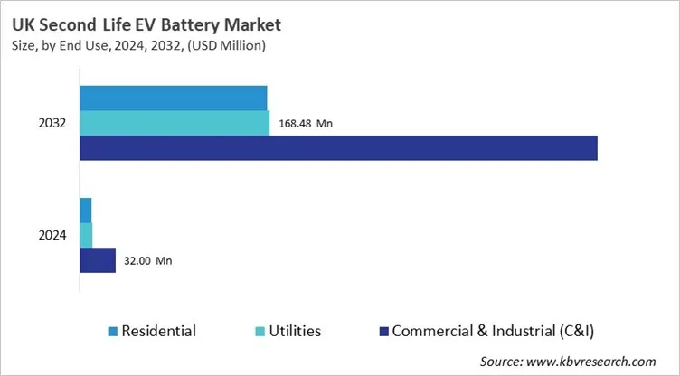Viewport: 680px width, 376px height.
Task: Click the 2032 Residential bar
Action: tap(174, 98)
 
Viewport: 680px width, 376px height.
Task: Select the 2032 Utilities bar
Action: tap(175, 123)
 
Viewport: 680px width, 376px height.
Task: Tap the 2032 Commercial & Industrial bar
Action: tap(338, 147)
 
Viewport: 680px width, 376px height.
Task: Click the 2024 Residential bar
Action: tap(86, 210)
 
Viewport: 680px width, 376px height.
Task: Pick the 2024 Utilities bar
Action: tap(86, 235)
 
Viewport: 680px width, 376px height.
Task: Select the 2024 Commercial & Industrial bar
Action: tap(98, 260)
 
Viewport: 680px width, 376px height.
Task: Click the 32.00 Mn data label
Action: tap(146, 261)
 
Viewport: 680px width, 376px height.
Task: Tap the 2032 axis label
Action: tap(52, 123)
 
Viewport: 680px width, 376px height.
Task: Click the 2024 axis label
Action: tap(52, 235)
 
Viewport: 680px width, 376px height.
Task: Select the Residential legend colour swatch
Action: tap(112, 332)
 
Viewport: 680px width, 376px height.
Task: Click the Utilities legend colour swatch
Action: tap(236, 332)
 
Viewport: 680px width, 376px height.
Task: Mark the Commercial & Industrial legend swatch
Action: tap(383, 332)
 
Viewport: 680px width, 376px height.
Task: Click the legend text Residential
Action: tap(158, 332)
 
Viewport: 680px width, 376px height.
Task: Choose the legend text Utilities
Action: tap(282, 332)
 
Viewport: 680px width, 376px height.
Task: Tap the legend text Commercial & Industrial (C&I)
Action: tap(493, 332)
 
